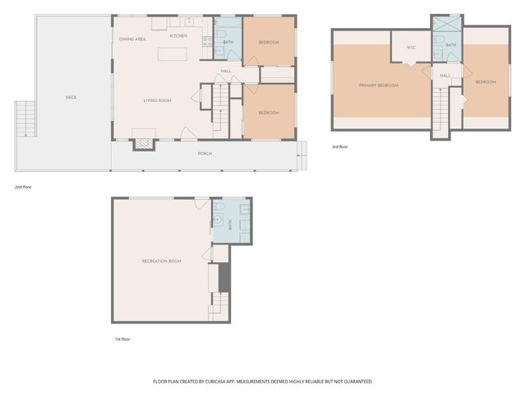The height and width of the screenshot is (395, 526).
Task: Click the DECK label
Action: tap(71, 97)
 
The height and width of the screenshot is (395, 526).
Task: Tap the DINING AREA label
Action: tap(132, 39)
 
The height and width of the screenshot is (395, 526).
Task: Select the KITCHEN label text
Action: tap(178, 36)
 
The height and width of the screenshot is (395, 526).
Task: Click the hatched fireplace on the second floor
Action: tap(144, 142)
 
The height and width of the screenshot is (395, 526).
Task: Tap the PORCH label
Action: tap(205, 153)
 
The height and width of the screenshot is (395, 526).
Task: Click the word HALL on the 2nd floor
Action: tap(226, 72)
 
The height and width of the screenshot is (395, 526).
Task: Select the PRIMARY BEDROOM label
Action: tap(378, 86)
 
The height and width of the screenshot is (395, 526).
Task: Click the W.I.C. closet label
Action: tap(411, 47)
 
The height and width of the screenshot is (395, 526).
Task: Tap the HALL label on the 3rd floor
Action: tap(445, 76)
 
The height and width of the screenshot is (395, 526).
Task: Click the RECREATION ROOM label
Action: tap(161, 261)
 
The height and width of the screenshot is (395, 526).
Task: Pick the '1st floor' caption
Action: tap(122, 339)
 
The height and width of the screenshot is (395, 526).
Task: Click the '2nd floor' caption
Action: tap(22, 187)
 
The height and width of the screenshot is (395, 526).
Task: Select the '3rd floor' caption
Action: tap(340, 146)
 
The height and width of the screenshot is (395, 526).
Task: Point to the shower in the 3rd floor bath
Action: tap(441, 24)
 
